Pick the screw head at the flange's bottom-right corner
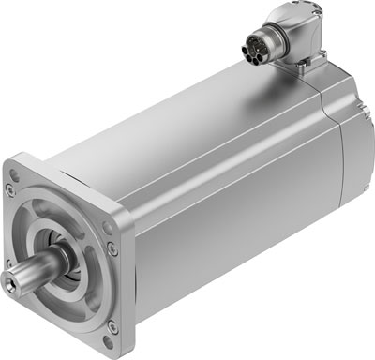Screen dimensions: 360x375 [x=112, y=325]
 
